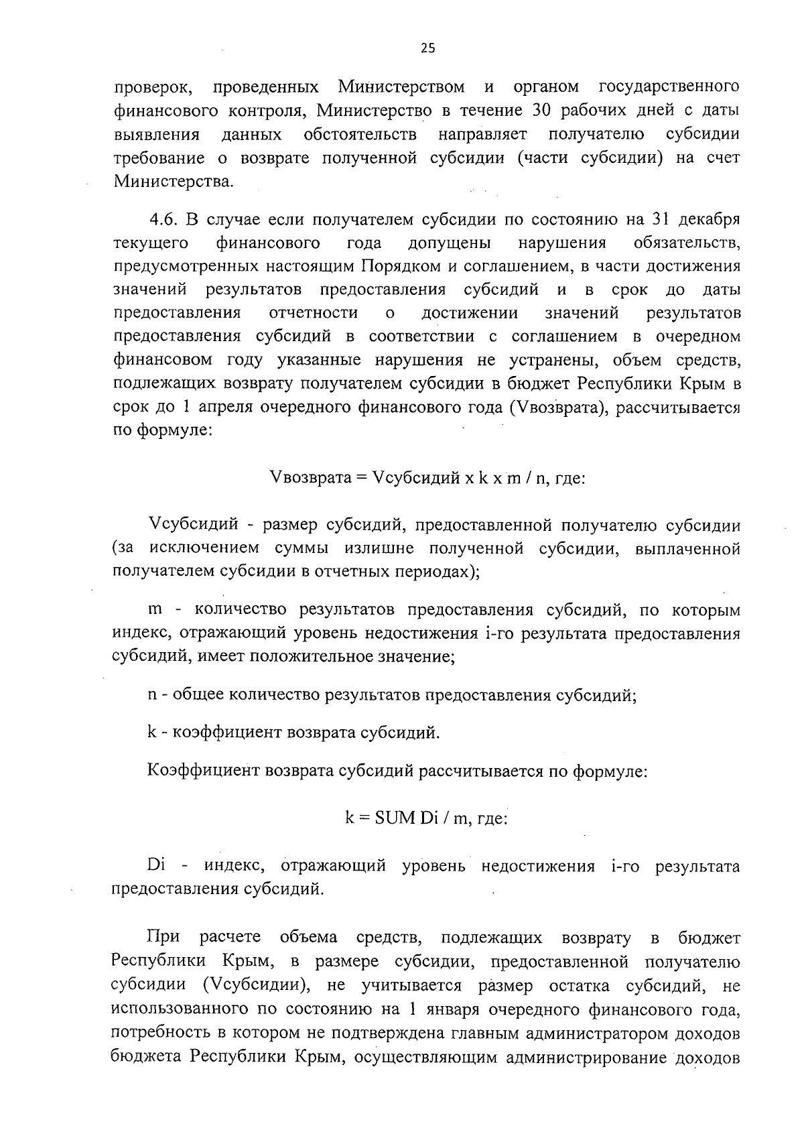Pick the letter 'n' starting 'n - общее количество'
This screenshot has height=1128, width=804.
point(152,695)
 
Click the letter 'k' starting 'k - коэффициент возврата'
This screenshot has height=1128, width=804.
point(151,733)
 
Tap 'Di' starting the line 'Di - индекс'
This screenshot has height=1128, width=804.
point(155,866)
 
